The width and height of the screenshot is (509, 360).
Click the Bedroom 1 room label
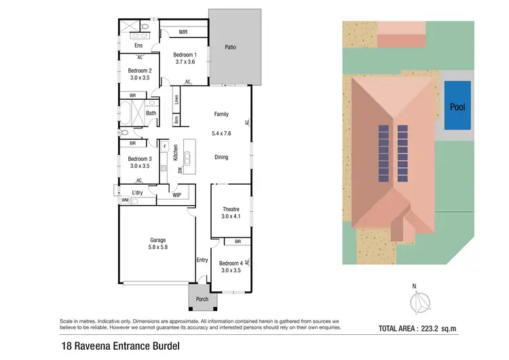184,58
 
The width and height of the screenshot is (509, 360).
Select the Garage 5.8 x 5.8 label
158,244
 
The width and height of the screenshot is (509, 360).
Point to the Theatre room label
231,213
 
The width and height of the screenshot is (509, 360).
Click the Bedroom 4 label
231,266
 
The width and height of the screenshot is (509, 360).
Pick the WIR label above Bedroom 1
183,32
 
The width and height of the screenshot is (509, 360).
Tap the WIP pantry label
176,195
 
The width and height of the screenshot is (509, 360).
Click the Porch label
202,300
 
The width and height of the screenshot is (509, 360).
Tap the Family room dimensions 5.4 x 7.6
221,133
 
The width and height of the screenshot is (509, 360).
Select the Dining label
221,157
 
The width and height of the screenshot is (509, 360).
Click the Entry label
202,260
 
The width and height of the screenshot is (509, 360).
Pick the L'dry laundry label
138,193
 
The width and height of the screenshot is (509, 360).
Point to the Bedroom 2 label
140,74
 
